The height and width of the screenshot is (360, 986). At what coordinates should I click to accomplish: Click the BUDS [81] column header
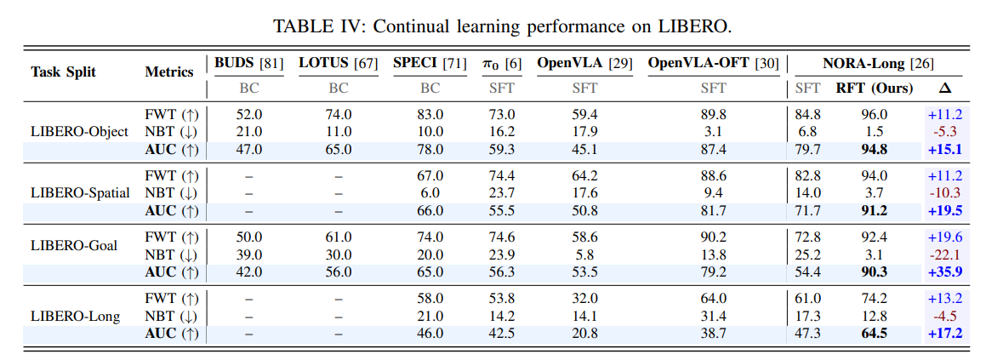click(x=249, y=63)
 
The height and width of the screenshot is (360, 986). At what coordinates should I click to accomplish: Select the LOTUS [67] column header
click(x=339, y=63)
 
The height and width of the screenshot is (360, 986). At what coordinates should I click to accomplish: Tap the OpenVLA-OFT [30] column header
click(x=713, y=63)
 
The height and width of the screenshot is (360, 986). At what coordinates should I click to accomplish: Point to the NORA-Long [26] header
click(x=878, y=63)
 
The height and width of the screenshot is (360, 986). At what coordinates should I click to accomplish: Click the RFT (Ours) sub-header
click(x=874, y=89)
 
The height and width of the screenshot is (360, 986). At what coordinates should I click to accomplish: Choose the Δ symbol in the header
click(x=944, y=89)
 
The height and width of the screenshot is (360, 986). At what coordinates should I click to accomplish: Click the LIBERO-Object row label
click(x=79, y=132)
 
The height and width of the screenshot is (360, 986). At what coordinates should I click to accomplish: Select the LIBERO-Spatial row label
click(x=81, y=192)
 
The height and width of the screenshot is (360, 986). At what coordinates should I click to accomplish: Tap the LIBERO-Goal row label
click(x=74, y=245)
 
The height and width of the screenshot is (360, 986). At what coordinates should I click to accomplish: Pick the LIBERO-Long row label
click(x=76, y=316)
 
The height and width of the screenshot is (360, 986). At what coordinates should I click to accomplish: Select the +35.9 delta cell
click(x=945, y=271)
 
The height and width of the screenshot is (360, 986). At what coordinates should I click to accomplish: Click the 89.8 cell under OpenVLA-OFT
click(x=713, y=115)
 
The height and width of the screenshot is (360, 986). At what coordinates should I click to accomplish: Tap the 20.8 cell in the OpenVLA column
click(x=584, y=334)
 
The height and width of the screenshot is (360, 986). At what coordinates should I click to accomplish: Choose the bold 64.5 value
click(x=874, y=334)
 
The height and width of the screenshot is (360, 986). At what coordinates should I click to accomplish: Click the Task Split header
click(x=64, y=72)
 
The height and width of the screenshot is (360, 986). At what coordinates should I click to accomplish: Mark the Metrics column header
click(x=169, y=72)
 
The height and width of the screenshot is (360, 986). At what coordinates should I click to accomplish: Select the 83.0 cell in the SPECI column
click(x=430, y=115)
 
